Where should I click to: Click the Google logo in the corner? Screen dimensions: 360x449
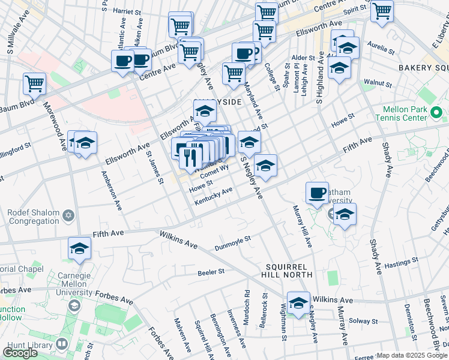(x=20, y=352)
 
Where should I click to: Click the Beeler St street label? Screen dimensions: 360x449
(x=211, y=272)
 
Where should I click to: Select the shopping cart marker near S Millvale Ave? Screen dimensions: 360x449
(x=34, y=85)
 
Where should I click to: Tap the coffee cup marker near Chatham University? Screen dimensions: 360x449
(x=317, y=193)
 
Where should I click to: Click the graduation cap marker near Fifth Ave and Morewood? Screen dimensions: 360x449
(x=79, y=248)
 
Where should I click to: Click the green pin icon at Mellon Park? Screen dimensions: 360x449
(x=437, y=112)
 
